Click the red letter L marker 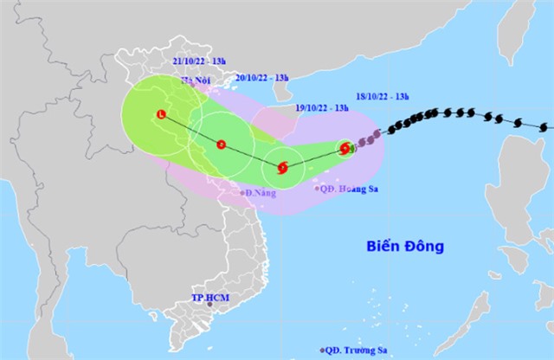pos(161,114)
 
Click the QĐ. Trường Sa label pos(356,351)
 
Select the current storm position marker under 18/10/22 pos(346,148)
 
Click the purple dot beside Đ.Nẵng pos(242,191)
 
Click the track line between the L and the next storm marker pos(191,129)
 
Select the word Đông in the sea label pos(429,247)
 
